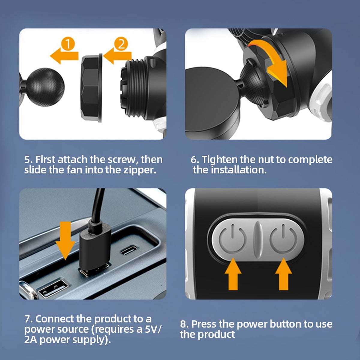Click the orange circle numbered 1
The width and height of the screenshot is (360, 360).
(68, 44)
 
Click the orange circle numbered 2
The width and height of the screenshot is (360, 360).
(121, 44)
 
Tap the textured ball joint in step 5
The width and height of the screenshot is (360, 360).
(46, 87)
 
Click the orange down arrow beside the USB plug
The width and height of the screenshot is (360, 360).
(65, 241)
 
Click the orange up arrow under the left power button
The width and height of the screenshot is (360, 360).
(233, 274)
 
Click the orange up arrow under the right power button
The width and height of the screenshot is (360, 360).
(283, 274)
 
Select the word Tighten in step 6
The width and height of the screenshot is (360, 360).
(220, 160)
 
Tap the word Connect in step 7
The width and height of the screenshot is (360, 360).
(55, 319)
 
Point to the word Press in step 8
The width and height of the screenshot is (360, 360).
(204, 324)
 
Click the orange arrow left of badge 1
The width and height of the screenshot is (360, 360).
(64, 55)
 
